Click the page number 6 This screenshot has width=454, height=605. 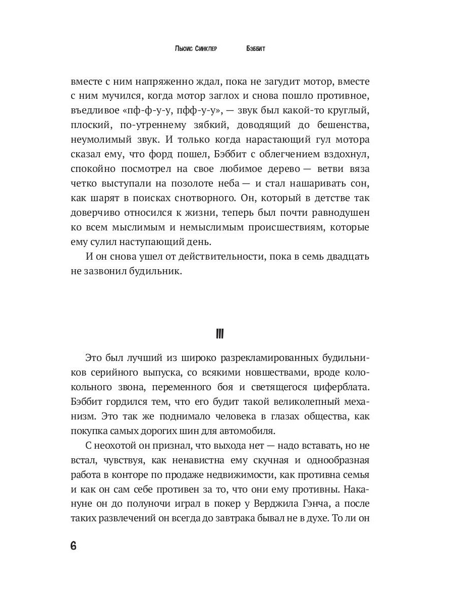[x=73, y=547]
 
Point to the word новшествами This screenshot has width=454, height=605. [x=268, y=374]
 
